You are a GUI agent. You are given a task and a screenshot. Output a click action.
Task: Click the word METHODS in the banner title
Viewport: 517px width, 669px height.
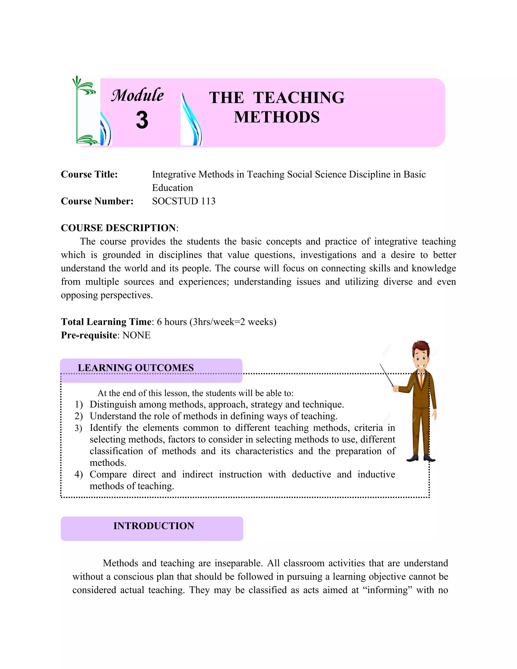coord(277,117)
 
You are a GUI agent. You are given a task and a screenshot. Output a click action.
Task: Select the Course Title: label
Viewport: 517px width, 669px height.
coord(89,174)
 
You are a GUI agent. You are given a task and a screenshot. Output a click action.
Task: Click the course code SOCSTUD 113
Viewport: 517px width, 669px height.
coord(184,201)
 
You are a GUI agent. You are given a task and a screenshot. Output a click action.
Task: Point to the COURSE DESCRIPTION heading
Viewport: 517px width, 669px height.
coord(119,228)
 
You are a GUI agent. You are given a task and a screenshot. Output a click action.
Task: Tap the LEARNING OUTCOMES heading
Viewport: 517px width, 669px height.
coord(136,368)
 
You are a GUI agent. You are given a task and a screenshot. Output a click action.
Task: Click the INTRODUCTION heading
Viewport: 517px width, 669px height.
coord(153,526)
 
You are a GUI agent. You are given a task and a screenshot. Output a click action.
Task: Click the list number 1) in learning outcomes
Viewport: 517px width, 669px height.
coord(79,404)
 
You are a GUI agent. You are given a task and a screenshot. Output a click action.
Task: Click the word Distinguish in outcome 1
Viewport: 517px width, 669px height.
coord(113,404)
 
